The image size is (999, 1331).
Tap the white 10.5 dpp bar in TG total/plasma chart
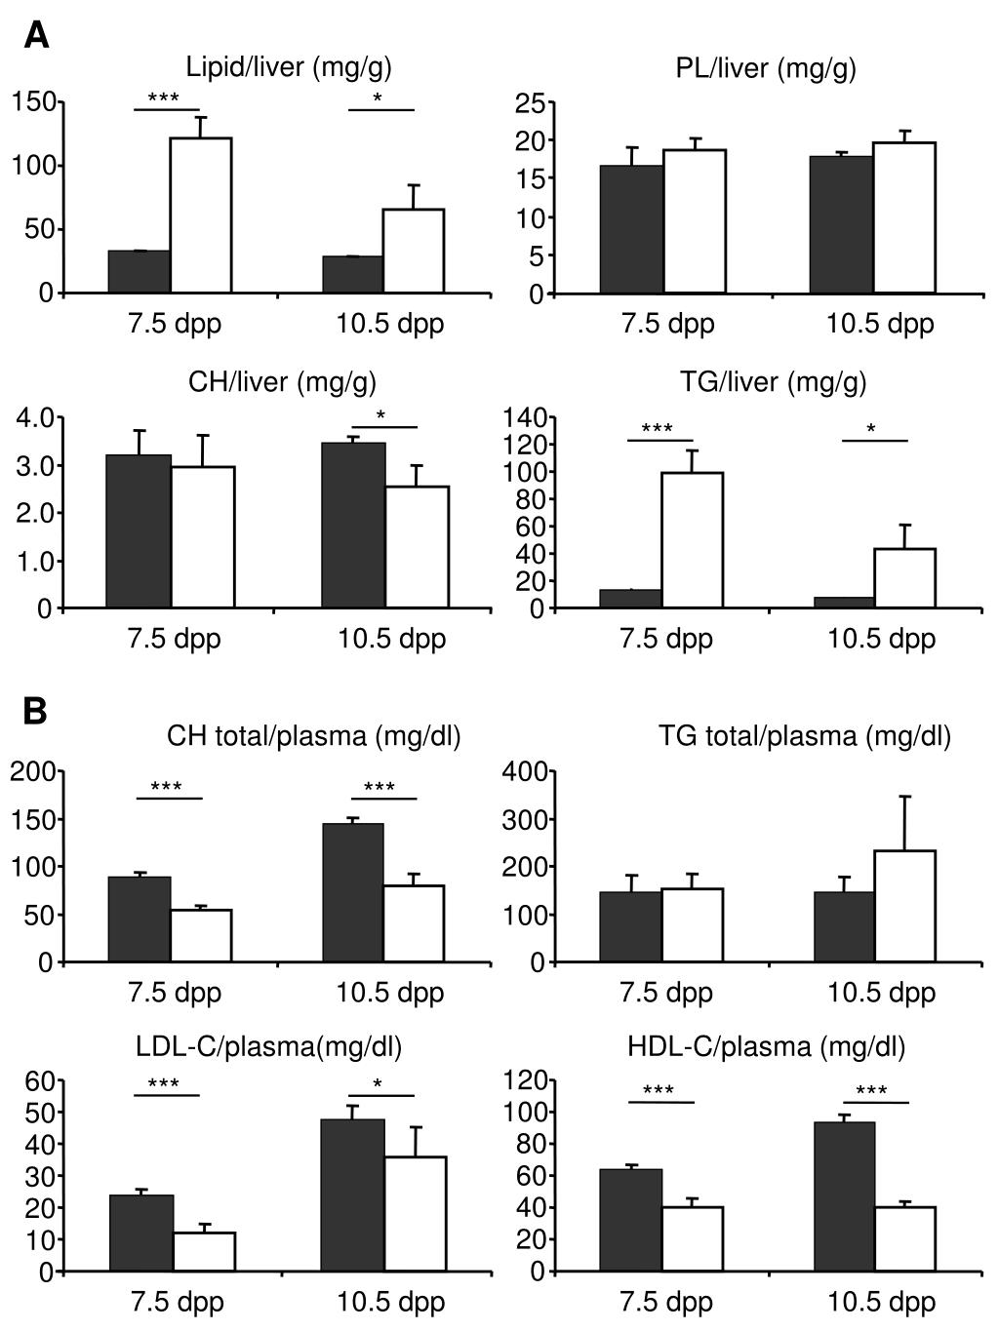point(904,906)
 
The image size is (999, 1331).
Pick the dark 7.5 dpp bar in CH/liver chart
point(140,531)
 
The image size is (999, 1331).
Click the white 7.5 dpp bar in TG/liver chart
point(693,540)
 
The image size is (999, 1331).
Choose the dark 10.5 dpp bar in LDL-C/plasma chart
point(354,1194)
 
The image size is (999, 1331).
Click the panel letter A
point(36,36)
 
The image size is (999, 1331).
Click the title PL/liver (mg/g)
point(766,68)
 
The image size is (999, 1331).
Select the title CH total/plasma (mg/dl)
point(313,736)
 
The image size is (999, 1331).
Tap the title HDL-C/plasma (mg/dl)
point(767,1047)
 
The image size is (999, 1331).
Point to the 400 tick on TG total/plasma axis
point(523,772)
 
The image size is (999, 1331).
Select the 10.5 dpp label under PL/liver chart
point(880,324)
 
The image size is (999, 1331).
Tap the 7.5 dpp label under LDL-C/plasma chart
point(177,1302)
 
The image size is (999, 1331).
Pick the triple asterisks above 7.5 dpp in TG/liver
point(658,429)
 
